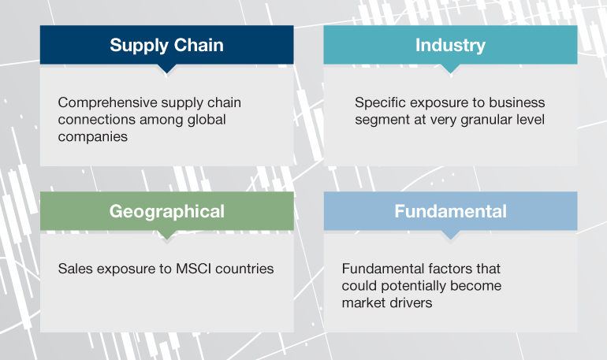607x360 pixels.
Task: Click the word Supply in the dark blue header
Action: click(x=140, y=46)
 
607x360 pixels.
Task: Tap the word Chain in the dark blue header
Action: click(x=199, y=45)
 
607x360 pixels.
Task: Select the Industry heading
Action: click(x=450, y=46)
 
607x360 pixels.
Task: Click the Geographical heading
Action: click(x=167, y=212)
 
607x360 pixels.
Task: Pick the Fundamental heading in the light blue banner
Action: click(x=450, y=211)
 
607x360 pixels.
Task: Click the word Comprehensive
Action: click(x=108, y=103)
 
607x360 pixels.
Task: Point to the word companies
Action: click(x=93, y=137)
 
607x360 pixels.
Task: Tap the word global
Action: click(x=207, y=120)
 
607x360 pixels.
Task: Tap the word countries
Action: click(x=244, y=269)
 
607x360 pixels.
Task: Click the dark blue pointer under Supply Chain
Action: click(x=167, y=69)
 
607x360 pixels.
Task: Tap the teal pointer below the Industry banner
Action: click(x=450, y=69)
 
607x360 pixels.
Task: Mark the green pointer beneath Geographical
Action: click(x=167, y=235)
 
